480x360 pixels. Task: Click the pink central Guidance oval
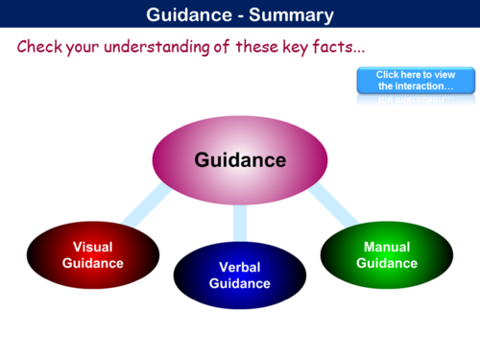click(x=239, y=159)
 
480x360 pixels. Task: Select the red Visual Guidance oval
click(x=92, y=254)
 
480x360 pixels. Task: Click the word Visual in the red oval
click(x=93, y=247)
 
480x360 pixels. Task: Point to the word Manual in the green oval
click(x=387, y=247)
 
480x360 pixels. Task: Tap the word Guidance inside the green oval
click(x=387, y=263)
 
